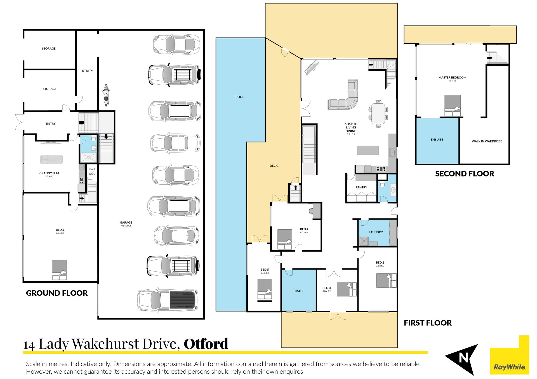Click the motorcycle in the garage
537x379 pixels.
click(106, 95)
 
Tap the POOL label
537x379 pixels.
click(240, 97)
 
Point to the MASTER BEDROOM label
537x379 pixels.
click(452, 77)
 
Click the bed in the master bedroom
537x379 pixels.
click(452, 106)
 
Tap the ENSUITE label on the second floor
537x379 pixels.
click(437, 140)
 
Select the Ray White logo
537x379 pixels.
click(510, 355)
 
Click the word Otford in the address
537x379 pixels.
click(206, 344)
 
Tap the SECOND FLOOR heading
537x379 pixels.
click(465, 174)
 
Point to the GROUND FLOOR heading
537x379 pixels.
click(57, 293)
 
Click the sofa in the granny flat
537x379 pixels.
click(51, 159)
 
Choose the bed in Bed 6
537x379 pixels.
click(59, 270)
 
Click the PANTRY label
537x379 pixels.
click(361, 187)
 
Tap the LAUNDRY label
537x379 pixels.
click(376, 232)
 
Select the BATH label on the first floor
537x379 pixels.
click(298, 291)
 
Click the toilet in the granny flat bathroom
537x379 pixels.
click(93, 139)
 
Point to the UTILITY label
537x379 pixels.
click(87, 71)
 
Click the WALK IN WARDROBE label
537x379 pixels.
click(487, 141)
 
